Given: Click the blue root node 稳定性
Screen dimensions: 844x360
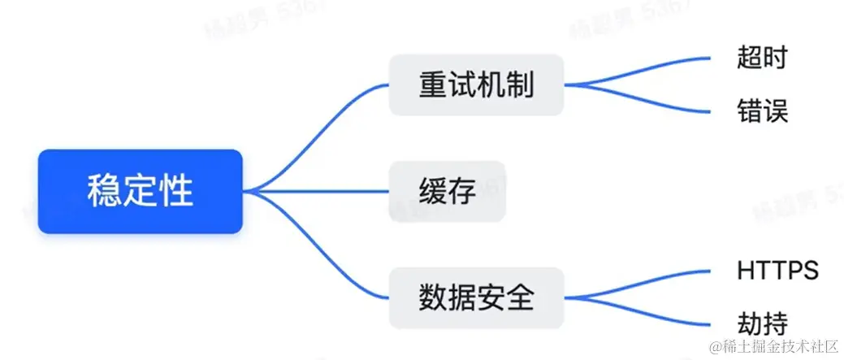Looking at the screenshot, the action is (x=141, y=192).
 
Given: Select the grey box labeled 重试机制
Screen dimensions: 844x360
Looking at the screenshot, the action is (x=476, y=85).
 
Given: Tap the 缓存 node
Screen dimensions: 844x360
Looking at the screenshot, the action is (x=447, y=192).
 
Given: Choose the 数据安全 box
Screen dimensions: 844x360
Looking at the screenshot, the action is (x=476, y=298).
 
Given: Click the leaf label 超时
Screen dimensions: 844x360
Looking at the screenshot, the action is (x=762, y=58).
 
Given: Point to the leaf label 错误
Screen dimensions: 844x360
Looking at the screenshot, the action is (x=762, y=110).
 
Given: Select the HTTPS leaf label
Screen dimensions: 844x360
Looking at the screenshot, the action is (x=777, y=271).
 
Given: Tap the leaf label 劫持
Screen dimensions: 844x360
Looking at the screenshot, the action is (x=762, y=323).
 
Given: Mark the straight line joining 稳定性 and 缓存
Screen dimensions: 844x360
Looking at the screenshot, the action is (x=325, y=192).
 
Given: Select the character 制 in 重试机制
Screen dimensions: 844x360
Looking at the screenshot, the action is (x=522, y=85).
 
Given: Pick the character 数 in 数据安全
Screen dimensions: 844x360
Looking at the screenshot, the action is (x=431, y=298).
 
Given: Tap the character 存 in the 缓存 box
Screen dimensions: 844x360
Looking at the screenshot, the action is (x=461, y=192).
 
